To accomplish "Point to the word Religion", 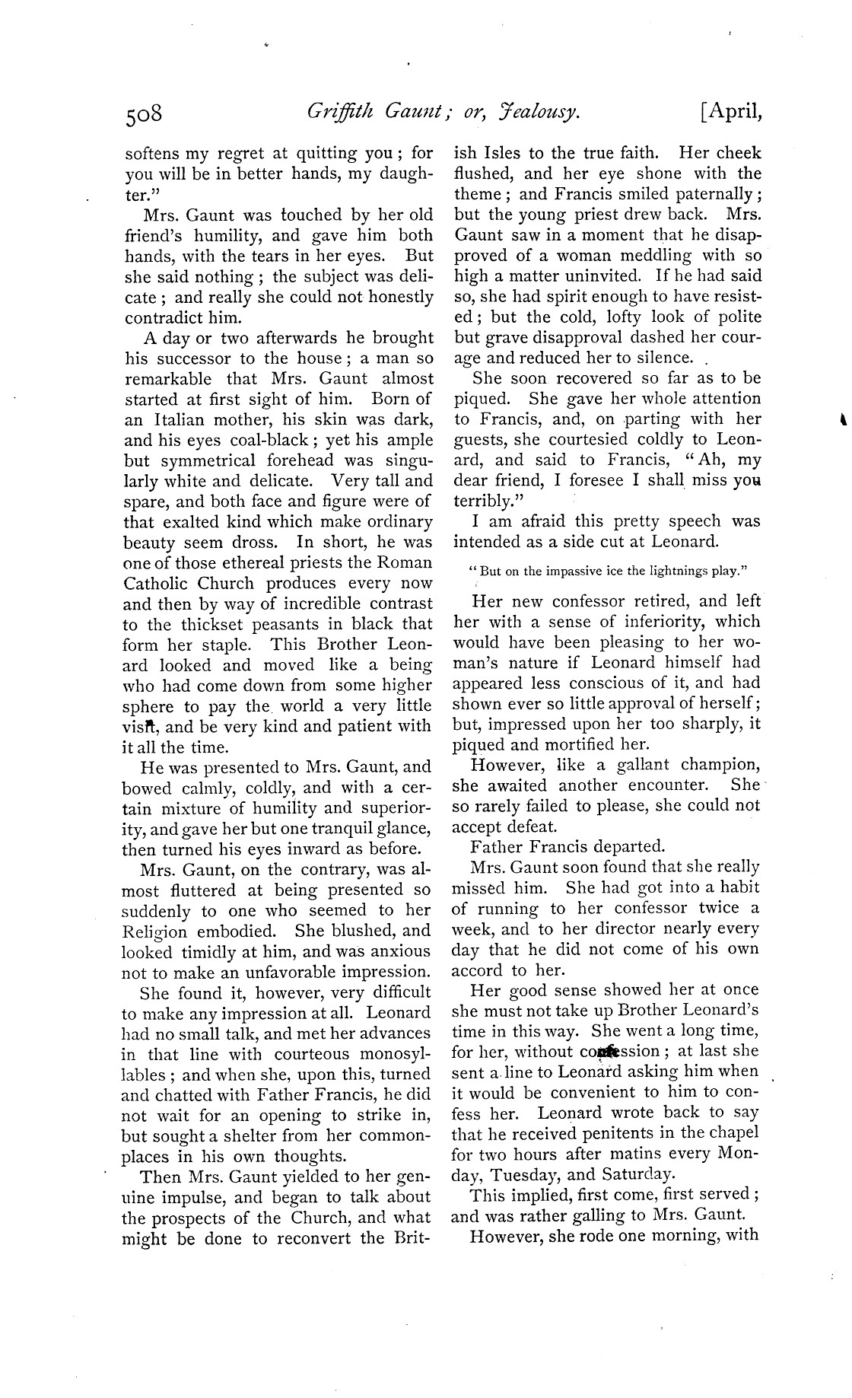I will coord(155,931).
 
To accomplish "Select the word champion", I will coord(717,765).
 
